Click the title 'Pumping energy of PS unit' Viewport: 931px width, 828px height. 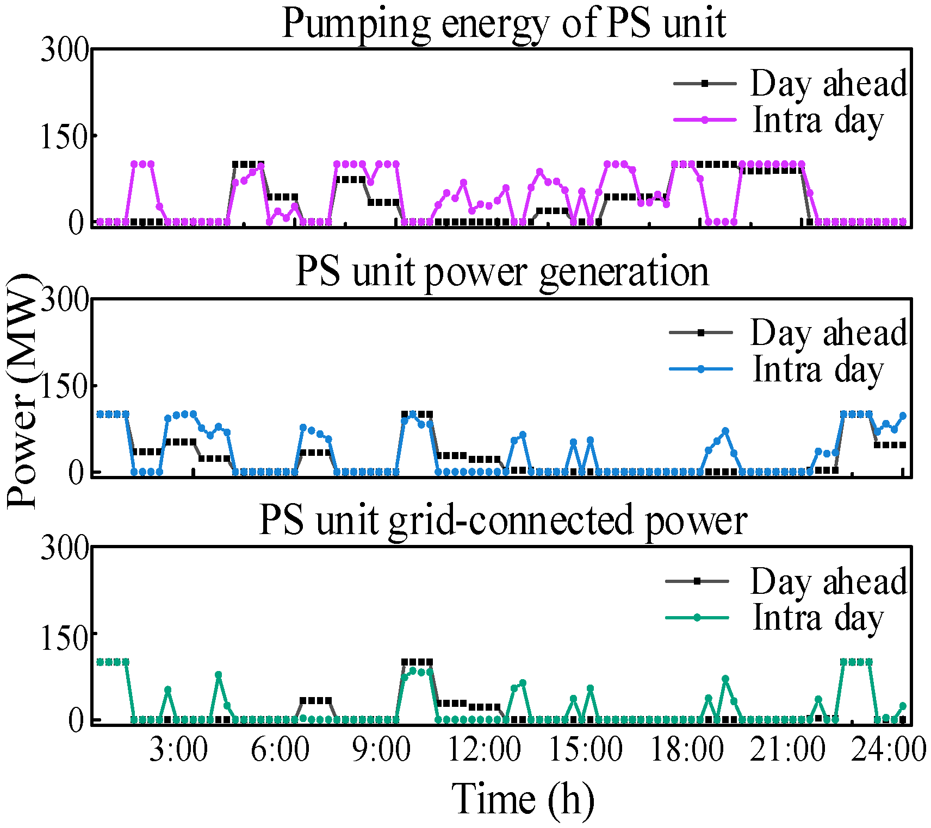pos(504,24)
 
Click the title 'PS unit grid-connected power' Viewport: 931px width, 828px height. pos(502,520)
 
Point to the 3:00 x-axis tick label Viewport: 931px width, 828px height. pos(178,750)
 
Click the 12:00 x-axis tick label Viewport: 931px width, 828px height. pos(483,750)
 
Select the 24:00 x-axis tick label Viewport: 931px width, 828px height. pos(888,750)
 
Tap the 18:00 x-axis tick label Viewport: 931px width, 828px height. pos(687,750)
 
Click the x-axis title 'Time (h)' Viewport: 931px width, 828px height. pos(523,799)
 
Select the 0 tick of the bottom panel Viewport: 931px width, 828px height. pos(77,720)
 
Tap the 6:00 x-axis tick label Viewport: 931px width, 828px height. pos(280,750)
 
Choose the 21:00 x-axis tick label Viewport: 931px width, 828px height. pos(787,750)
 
